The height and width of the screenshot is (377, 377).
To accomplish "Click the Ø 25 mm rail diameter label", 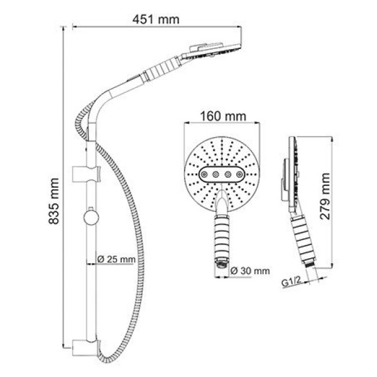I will (x=117, y=258).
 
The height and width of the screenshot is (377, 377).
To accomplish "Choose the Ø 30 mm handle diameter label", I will (x=249, y=271).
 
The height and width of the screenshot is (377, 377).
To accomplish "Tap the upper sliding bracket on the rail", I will (x=87, y=173).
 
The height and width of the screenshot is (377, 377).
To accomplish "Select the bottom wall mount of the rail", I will (x=87, y=347).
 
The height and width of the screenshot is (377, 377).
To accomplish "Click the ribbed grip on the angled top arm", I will (x=161, y=68).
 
